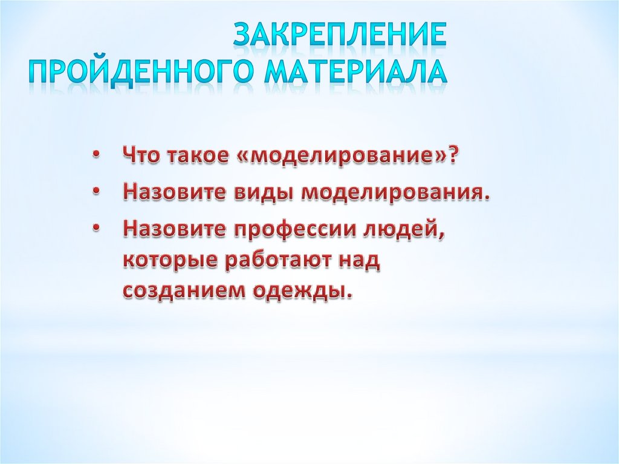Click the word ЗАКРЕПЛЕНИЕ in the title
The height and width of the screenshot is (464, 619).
coord(340,35)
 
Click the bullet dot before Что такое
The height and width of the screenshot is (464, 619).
coord(97,155)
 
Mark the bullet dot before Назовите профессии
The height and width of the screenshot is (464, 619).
coord(97,230)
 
